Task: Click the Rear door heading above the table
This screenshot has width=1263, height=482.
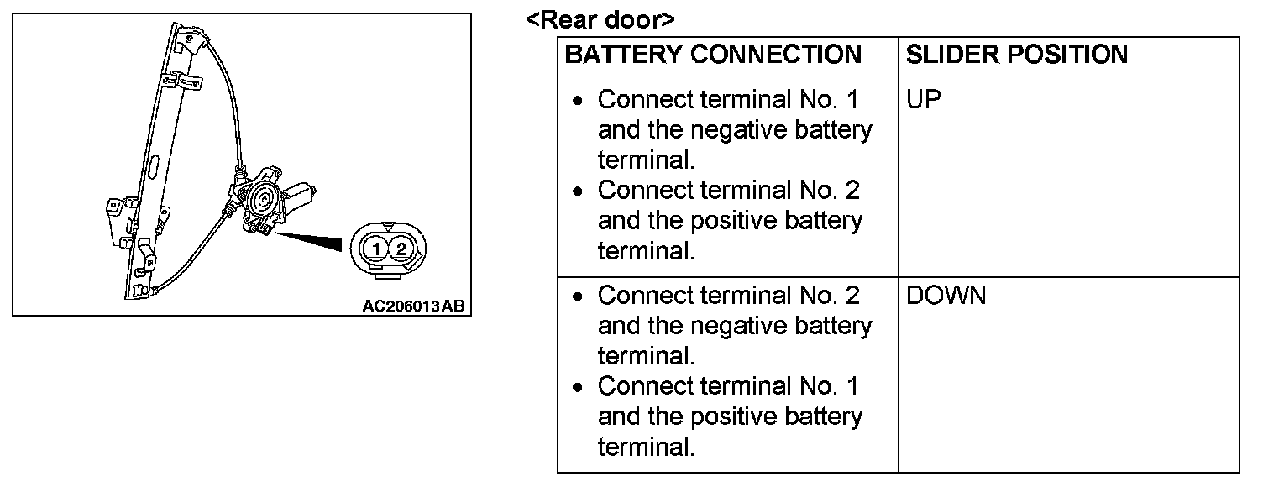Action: point(600,19)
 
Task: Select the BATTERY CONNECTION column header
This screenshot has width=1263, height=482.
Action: point(713,55)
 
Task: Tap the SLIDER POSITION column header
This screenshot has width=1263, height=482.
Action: point(1016,55)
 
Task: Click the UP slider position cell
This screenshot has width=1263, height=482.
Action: point(924,100)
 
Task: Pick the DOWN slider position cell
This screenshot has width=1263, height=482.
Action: point(946,296)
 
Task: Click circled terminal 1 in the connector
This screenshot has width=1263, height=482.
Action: point(378,249)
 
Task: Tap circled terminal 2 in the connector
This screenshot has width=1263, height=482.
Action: point(401,249)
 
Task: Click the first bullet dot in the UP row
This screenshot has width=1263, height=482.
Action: point(577,101)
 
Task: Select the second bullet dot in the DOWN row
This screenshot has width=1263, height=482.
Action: point(577,387)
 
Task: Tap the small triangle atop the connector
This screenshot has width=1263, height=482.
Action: point(388,228)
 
